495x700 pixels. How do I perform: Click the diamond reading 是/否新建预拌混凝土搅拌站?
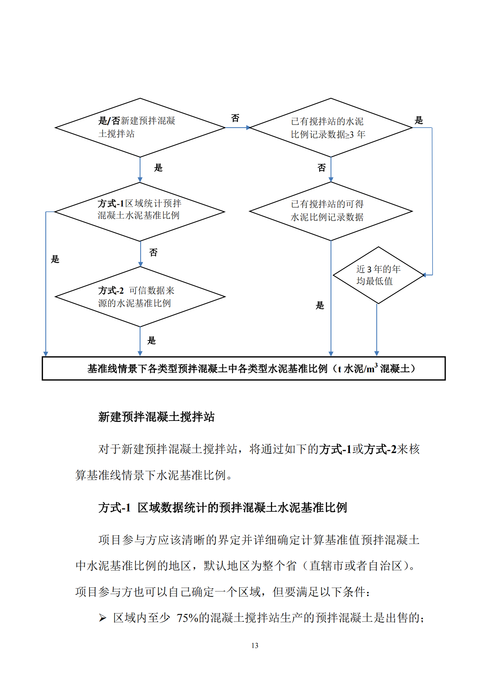point(140,128)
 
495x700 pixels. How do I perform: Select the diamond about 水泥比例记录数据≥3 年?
point(331,128)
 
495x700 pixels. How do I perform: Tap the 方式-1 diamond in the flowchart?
point(140,212)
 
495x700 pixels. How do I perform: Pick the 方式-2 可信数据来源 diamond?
point(140,297)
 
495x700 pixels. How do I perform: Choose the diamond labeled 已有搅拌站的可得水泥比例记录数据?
point(331,211)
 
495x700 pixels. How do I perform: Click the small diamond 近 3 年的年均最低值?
point(378,275)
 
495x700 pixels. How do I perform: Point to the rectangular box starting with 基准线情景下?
point(244,369)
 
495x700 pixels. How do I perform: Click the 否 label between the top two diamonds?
point(235,118)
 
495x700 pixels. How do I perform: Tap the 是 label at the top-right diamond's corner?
point(419,120)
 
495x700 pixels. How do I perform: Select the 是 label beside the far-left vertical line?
point(55,259)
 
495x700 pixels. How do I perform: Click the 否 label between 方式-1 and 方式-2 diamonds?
point(153,253)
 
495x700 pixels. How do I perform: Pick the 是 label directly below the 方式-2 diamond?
point(152,340)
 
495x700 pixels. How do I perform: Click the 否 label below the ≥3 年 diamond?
point(322,168)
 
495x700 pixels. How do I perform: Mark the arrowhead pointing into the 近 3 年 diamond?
point(424,275)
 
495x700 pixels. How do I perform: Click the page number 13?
point(255,645)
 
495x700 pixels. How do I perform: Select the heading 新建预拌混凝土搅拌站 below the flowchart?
point(156,417)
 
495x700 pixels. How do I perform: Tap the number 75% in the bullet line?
point(187,618)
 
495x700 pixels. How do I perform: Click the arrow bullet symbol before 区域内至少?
point(103,618)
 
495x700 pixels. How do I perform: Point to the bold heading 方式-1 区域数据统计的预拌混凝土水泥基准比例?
point(223,508)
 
